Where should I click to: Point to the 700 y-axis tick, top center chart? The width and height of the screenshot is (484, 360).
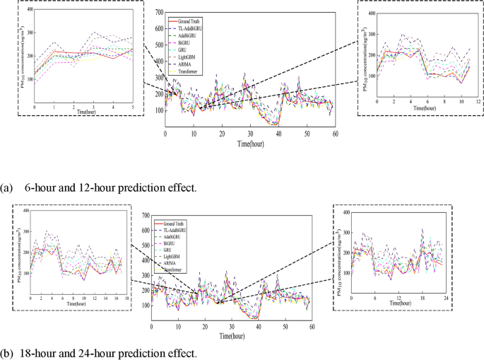click(159, 13)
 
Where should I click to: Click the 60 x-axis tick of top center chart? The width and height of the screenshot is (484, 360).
click(335, 134)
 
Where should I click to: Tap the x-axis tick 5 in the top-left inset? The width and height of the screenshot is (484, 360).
click(132, 107)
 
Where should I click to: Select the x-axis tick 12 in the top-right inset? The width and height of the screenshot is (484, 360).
click(478, 103)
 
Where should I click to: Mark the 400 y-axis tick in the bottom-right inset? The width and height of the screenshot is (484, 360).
click(346, 212)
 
